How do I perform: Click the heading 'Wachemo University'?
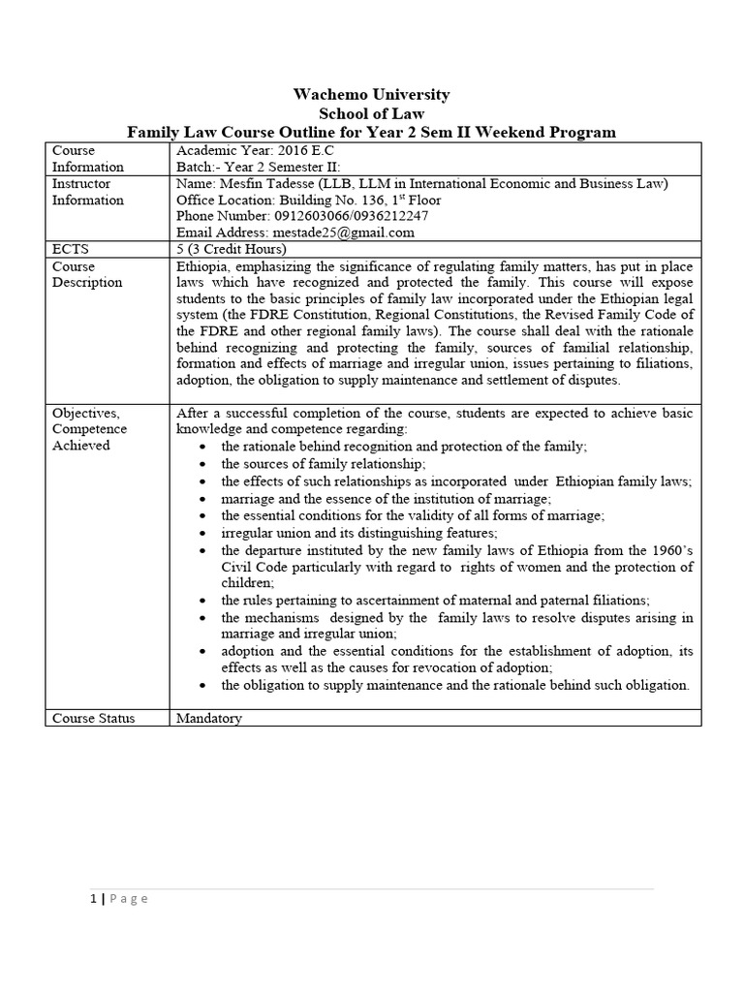(x=372, y=94)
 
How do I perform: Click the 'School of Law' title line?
(x=372, y=113)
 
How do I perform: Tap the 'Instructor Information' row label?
(x=87, y=192)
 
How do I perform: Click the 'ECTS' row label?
(x=70, y=249)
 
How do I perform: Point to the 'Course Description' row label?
(x=87, y=274)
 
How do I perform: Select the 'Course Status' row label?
(x=94, y=718)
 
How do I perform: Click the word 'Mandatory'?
(x=209, y=718)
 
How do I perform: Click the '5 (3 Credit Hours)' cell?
(x=232, y=249)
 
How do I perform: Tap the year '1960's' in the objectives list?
(x=666, y=550)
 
